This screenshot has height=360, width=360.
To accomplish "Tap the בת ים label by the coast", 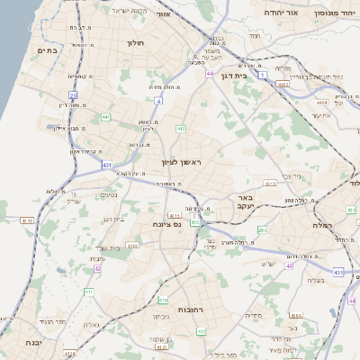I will tap(46, 51).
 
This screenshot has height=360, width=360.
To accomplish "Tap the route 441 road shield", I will tap(105, 116).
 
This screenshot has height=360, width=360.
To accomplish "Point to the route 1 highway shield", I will tap(262, 76).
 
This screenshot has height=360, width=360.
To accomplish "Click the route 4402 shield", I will tap(283, 85).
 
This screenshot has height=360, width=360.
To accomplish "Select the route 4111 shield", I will tap(25, 220).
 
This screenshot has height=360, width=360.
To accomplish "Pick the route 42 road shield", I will tap(97, 268).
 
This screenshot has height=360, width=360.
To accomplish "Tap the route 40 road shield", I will tap(289, 266).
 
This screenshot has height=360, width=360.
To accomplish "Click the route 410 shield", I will tap(163, 300).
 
